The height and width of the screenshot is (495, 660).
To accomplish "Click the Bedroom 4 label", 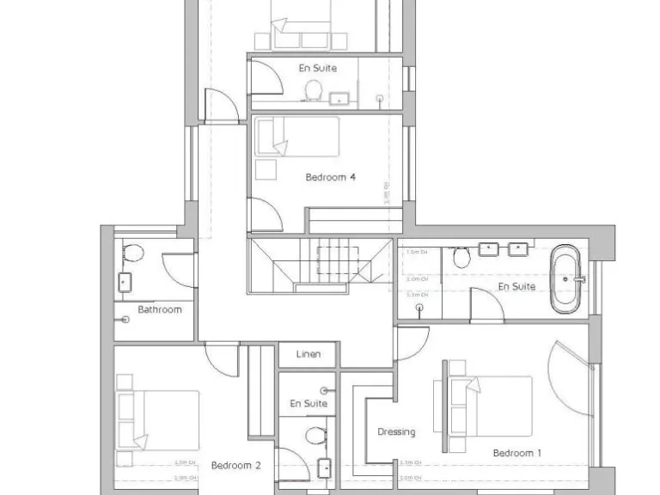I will tap(330, 178).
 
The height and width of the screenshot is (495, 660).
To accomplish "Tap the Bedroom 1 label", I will tap(517, 452).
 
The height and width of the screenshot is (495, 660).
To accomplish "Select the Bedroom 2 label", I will tap(235, 466).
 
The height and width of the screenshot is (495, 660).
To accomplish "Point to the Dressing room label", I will tap(396, 432).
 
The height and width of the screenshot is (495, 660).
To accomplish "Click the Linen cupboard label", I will tap(309, 354).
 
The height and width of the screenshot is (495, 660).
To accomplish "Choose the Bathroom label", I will tap(160, 309).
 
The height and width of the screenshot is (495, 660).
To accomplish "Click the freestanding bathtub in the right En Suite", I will tap(566, 279).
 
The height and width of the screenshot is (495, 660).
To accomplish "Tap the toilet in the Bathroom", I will tap(132, 253).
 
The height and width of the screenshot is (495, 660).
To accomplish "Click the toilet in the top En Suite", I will tap(314, 89).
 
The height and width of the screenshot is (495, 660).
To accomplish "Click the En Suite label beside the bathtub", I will tap(516, 286).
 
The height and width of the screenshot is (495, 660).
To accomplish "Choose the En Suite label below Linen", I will tap(309, 403).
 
